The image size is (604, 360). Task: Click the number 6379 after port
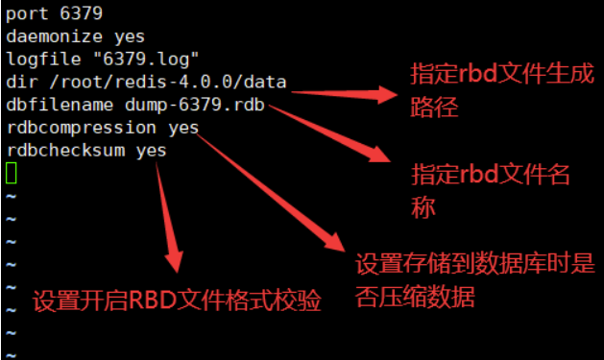pos(81,14)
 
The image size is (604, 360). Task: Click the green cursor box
pos(12,173)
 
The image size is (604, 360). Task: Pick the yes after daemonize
pos(130,37)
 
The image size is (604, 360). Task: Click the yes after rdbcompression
pos(183,128)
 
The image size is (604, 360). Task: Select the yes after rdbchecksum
pos(152,151)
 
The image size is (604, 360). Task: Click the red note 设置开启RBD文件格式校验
pos(177,301)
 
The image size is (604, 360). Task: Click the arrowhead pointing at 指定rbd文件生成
pos(388,93)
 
